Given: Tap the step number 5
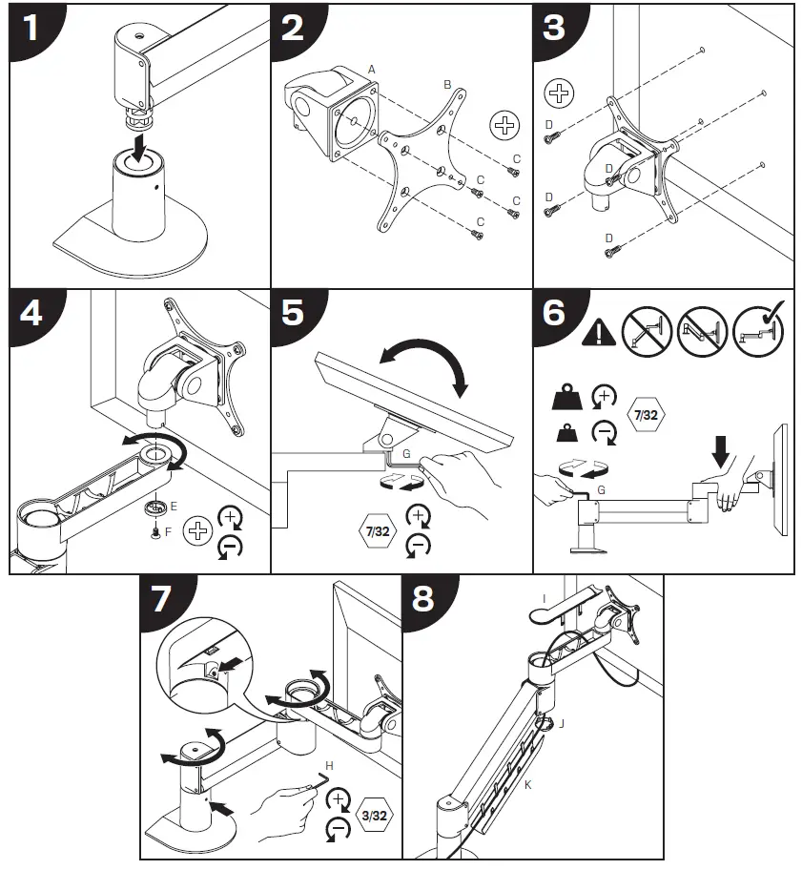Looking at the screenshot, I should point(294,313).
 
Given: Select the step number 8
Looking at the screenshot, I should point(423,599).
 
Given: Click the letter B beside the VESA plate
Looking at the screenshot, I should point(446,85).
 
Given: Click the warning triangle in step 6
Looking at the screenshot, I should point(598,333).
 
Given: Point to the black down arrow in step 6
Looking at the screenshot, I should point(721,447).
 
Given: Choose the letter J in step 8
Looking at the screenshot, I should point(562,723).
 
